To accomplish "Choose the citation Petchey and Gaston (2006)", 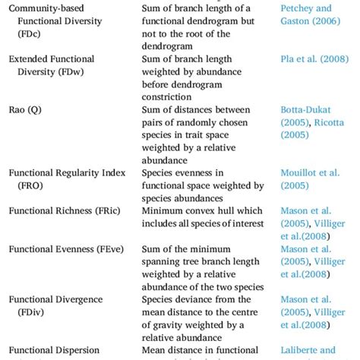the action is (x=307, y=14).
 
